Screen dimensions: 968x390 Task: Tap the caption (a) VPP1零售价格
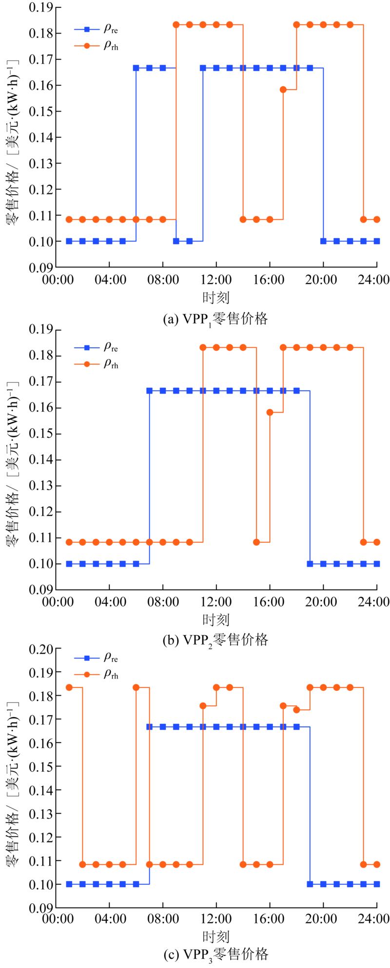coord(216,319)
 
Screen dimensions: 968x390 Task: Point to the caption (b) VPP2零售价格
coord(216,640)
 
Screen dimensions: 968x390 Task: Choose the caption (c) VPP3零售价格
coord(216,954)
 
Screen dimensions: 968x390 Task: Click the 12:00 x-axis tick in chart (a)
coord(216,280)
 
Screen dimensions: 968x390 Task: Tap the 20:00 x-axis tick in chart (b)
coord(323,603)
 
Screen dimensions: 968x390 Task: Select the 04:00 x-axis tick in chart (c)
coord(109,919)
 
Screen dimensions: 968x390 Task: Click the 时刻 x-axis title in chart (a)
coord(216,297)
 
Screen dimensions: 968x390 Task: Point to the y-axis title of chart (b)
coord(13,460)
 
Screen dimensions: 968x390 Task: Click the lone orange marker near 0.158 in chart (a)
coord(283,90)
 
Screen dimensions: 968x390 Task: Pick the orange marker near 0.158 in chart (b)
coord(270,412)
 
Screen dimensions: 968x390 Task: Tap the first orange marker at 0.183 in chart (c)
coord(69,687)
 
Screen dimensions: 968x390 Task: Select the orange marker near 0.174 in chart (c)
coord(296,710)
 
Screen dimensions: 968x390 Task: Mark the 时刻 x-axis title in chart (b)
coord(216,620)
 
